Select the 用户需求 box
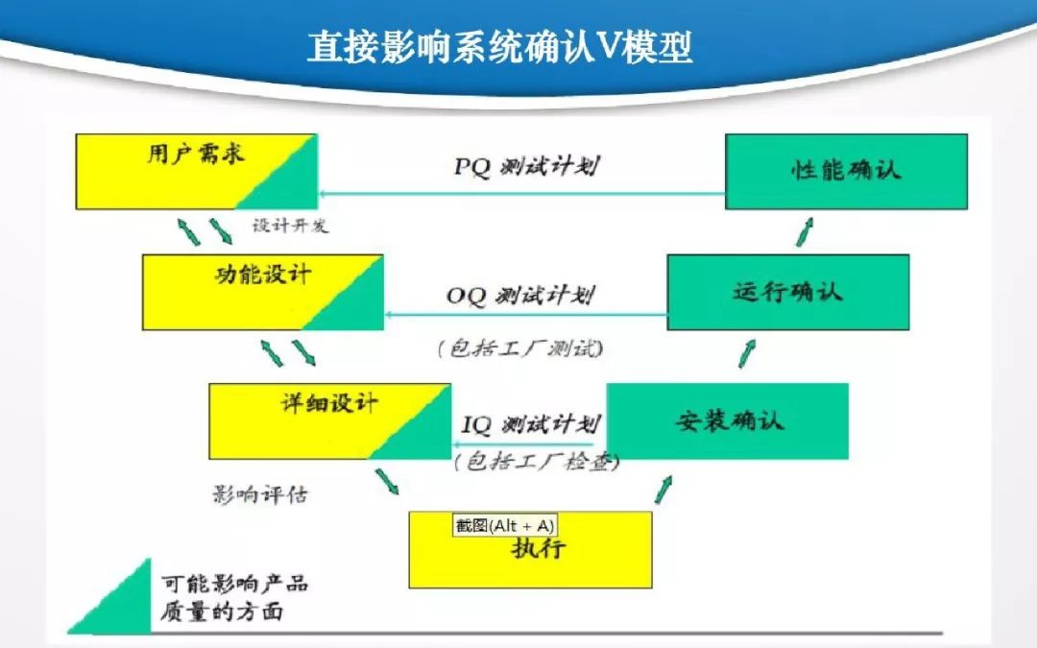coord(196,171)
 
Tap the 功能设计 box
coord(262,292)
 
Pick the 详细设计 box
coord(329,420)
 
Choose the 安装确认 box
coord(728,420)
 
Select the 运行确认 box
coord(787,292)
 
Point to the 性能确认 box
coord(845,171)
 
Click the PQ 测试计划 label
coord(526,166)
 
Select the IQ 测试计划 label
coord(531,423)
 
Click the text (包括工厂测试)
coord(520,348)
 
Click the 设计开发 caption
coord(290,226)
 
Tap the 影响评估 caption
coord(260,495)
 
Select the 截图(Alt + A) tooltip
coord(504,525)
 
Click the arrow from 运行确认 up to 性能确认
coord(805,231)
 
